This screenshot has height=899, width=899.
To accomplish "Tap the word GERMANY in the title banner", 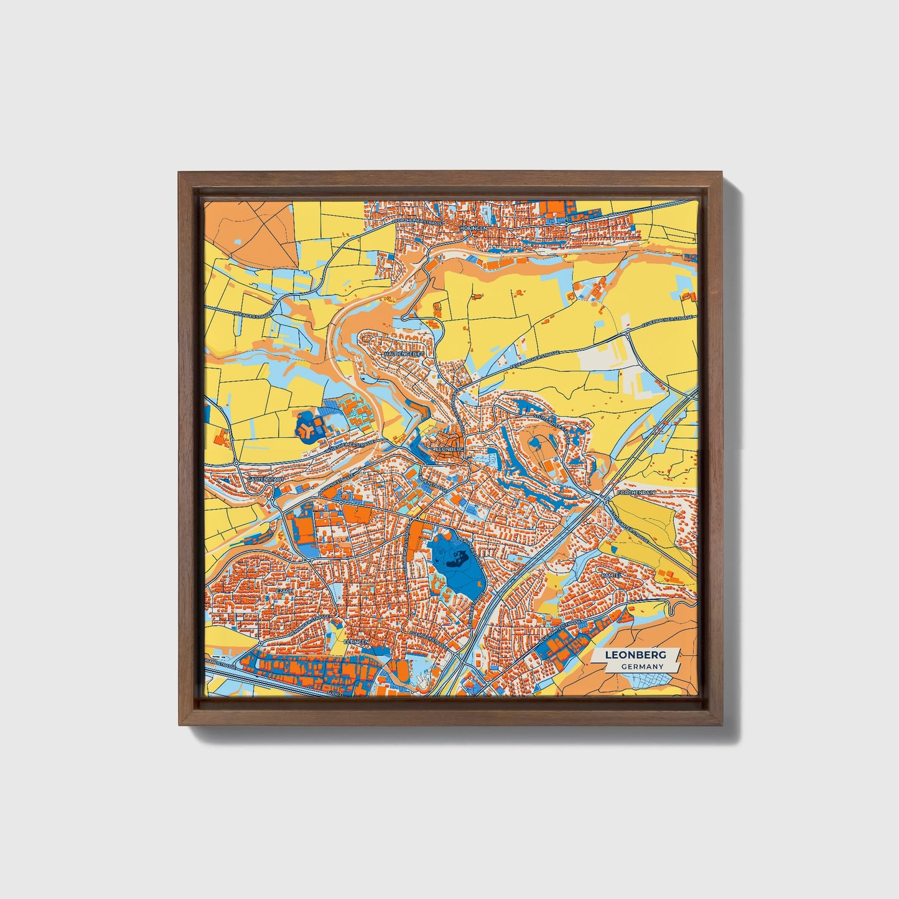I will (x=641, y=666).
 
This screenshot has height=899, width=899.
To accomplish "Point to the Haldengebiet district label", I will (x=404, y=353).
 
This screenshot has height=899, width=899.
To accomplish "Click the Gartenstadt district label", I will (x=265, y=480).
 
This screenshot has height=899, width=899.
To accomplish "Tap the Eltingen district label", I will (x=356, y=641).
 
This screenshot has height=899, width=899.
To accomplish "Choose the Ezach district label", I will (x=284, y=590).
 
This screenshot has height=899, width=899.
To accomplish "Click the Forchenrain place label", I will (x=638, y=492).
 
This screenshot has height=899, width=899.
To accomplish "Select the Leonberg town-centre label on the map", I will (x=450, y=447).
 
